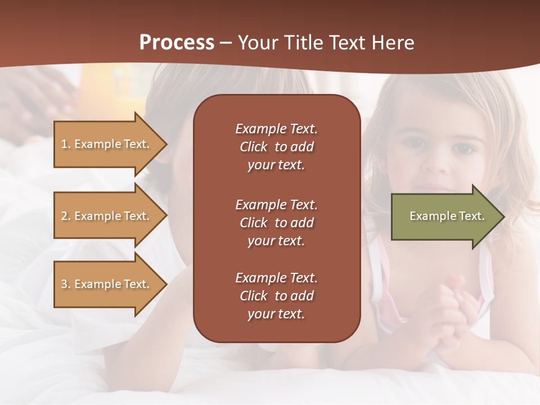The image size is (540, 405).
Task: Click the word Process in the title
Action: tap(177, 43)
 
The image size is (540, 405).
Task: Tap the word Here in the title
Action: tap(393, 43)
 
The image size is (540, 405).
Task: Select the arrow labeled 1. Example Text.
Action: tap(107, 144)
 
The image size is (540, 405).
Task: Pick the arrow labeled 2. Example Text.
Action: tap(107, 216)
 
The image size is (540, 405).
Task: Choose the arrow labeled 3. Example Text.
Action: tap(107, 284)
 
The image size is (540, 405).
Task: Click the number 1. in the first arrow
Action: tap(66, 144)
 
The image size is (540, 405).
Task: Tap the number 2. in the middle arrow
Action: tap(66, 216)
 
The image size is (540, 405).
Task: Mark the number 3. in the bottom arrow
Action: tap(66, 284)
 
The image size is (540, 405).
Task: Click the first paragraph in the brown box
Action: tap(276, 147)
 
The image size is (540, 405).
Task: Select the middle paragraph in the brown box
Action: tap(276, 223)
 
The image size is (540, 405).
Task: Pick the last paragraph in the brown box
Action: tap(276, 296)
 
